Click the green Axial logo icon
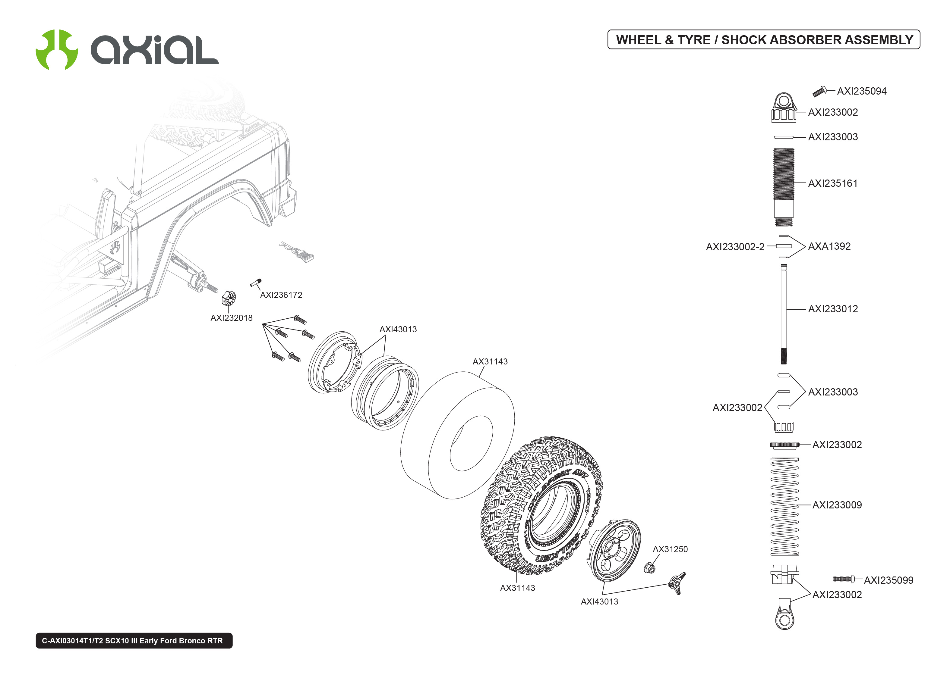[x=56, y=50]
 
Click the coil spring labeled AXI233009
[x=784, y=506]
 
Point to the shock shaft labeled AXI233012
[x=784, y=313]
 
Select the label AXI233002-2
[x=735, y=247]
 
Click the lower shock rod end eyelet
[x=784, y=619]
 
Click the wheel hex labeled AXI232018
[x=229, y=298]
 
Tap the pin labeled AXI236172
[x=256, y=283]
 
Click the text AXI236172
[x=281, y=295]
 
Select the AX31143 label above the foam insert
[x=490, y=361]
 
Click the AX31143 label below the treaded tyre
[x=517, y=588]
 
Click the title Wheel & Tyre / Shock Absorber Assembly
[x=764, y=40]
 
